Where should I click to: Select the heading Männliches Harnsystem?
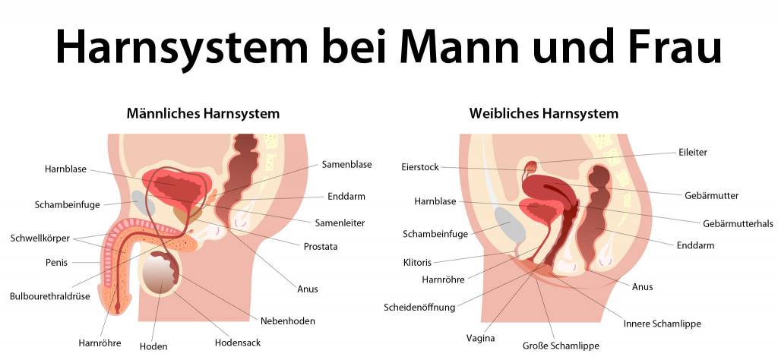click(203, 114)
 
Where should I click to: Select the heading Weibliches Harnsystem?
click(544, 114)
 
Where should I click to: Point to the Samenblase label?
click(346, 164)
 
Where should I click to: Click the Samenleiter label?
click(340, 223)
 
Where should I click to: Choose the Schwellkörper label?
click(40, 238)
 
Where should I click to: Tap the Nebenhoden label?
click(288, 321)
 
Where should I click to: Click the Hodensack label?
click(238, 343)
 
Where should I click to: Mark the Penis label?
click(56, 263)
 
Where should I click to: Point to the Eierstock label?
click(419, 166)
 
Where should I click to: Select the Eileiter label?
click(692, 152)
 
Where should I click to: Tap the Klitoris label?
click(417, 262)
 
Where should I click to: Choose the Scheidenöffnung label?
click(419, 308)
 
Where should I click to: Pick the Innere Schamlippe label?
click(662, 324)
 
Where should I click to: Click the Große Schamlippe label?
click(561, 346)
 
